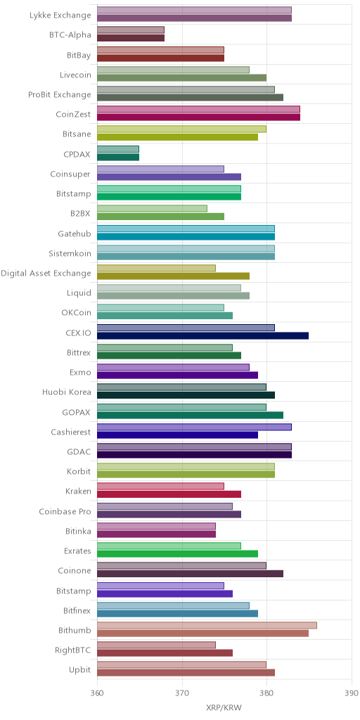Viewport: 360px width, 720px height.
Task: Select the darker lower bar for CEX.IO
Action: pyautogui.click(x=203, y=335)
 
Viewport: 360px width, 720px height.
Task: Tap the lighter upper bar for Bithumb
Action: pyautogui.click(x=207, y=625)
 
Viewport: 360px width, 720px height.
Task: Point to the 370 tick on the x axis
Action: pyautogui.click(x=182, y=692)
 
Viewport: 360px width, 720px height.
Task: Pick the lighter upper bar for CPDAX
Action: pyautogui.click(x=118, y=149)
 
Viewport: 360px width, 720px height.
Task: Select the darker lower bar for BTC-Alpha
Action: pyautogui.click(x=131, y=38)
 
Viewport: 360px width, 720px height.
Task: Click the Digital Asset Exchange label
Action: pyautogui.click(x=46, y=274)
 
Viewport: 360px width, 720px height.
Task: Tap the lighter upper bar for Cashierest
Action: pyautogui.click(x=194, y=427)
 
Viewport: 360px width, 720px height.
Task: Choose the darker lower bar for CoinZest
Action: pyautogui.click(x=199, y=117)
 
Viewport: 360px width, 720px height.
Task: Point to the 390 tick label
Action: pyautogui.click(x=352, y=692)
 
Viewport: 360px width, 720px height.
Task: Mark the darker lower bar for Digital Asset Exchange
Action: pyautogui.click(x=174, y=276)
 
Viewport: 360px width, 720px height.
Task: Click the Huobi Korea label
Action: pyautogui.click(x=67, y=392)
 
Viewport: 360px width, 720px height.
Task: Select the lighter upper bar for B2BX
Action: pyautogui.click(x=152, y=208)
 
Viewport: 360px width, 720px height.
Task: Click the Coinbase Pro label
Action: pyautogui.click(x=65, y=511)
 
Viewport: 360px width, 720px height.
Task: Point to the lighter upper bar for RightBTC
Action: pyautogui.click(x=157, y=645)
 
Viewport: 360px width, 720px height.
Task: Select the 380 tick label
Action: pyautogui.click(x=266, y=692)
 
